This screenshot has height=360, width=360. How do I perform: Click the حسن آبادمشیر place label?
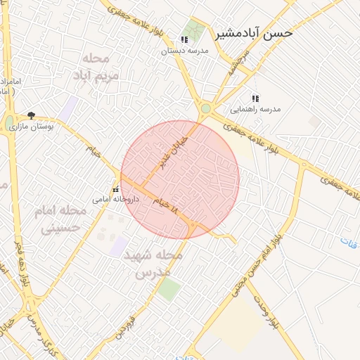254,32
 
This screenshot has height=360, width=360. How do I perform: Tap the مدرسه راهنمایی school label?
255,110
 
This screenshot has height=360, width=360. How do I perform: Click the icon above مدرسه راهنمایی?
255,98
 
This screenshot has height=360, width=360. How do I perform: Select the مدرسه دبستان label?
185,51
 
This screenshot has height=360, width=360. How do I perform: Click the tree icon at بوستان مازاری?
31,115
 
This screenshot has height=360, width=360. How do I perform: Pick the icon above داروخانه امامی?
115,190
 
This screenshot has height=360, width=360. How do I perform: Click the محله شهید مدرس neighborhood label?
153,263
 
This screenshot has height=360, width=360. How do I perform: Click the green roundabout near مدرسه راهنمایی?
205,109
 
